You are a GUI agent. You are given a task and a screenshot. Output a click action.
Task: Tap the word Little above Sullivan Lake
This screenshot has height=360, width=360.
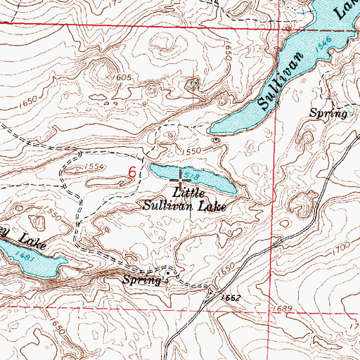(x=187, y=192)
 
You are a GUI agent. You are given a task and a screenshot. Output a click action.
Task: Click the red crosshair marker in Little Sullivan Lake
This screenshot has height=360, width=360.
(x=185, y=181)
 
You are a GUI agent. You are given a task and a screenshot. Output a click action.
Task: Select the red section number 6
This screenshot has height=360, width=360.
(x=131, y=171)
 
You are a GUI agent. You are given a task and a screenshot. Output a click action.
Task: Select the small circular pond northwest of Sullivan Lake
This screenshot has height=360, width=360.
(x=193, y=85)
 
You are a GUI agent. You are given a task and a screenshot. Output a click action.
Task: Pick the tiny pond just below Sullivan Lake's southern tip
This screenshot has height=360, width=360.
(x=216, y=139)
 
